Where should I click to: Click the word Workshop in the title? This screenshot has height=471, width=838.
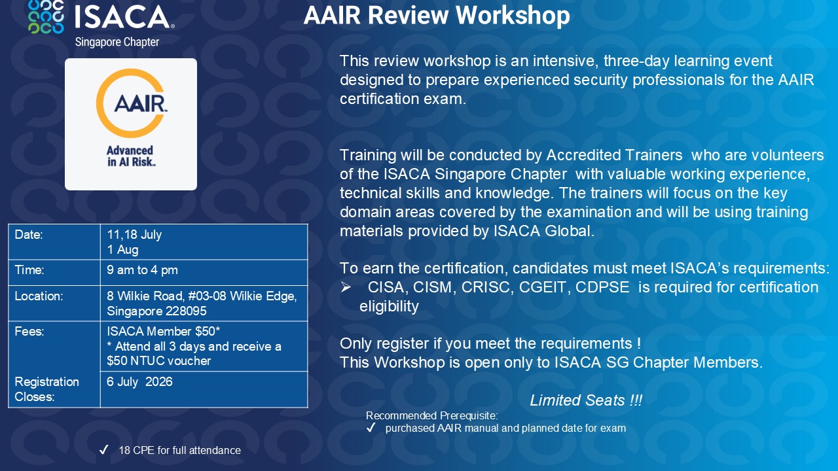513,16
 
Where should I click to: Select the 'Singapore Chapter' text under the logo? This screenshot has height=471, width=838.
117,42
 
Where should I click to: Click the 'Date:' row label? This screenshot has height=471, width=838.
29,235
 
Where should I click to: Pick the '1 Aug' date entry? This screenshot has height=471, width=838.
122,250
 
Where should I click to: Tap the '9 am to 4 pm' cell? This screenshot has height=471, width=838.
142,270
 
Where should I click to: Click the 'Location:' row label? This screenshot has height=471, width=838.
39,296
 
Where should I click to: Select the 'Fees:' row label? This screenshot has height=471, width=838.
29,331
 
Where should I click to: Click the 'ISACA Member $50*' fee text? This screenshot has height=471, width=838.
164,331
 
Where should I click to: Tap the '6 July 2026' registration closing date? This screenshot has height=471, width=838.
139,381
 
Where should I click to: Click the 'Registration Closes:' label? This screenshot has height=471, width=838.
46,389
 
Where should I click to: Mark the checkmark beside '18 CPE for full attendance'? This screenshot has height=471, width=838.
103,449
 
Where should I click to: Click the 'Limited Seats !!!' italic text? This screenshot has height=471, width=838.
586,400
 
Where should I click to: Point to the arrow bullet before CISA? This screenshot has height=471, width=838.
346,287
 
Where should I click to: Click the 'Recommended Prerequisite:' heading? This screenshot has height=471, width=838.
431,415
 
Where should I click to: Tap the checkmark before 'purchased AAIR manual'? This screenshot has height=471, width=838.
371,428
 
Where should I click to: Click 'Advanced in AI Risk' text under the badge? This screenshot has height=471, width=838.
130,156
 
